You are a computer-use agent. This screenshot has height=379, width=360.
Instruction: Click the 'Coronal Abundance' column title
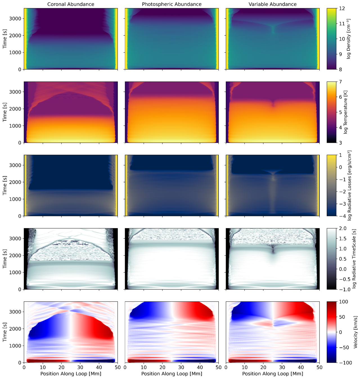[x=71, y=4]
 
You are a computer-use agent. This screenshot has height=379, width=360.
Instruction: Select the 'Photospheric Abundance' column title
[x=172, y=4]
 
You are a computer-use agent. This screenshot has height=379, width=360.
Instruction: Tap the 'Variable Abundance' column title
[x=273, y=4]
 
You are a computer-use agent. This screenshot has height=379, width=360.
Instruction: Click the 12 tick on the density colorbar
[x=342, y=8]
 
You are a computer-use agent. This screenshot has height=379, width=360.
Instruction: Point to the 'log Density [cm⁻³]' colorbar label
[x=349, y=39]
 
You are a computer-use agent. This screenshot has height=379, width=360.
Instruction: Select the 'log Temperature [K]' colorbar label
[x=346, y=112]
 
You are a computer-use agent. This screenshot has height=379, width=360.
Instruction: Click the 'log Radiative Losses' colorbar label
[x=349, y=186]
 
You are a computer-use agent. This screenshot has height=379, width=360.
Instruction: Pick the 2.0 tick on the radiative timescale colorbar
[x=343, y=228]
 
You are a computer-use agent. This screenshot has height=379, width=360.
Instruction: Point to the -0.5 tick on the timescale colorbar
[x=344, y=279]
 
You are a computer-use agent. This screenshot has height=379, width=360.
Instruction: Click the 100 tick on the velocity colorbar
[x=344, y=302]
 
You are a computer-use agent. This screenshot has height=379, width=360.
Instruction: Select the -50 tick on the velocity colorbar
[x=344, y=348]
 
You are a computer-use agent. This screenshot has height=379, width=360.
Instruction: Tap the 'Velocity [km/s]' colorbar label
[x=355, y=332]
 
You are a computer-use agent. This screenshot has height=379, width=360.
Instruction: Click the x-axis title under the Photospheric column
[x=172, y=374]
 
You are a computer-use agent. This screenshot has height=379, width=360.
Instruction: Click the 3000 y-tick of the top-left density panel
[x=16, y=19]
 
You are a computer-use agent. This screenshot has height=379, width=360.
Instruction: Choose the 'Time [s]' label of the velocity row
[x=5, y=332]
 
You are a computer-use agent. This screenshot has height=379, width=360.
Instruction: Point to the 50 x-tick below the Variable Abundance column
[x=319, y=367]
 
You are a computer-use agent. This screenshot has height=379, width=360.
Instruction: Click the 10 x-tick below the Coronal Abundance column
[x=43, y=367]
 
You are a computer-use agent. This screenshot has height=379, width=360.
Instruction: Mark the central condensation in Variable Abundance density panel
[x=273, y=28]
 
